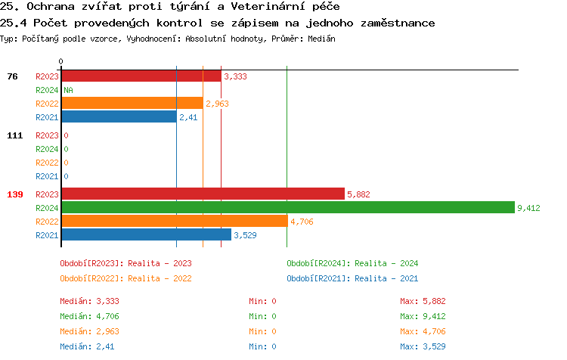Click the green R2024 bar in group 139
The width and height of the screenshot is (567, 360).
(287, 207)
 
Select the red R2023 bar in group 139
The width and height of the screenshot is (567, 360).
(203, 194)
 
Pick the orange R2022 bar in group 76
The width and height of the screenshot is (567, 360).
(132, 103)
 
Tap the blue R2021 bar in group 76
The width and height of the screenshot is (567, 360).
(119, 116)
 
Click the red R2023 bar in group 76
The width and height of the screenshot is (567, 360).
(141, 76)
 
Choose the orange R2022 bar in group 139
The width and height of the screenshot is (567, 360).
(175, 221)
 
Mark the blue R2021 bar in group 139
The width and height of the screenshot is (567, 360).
(146, 234)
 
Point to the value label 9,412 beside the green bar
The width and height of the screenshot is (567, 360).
(528, 208)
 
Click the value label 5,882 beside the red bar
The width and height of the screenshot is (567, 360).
(358, 194)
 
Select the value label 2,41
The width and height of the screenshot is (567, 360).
(188, 117)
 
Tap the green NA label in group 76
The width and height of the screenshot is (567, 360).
(68, 90)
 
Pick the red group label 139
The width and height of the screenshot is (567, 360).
(15, 194)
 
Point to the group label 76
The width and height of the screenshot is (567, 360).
(13, 76)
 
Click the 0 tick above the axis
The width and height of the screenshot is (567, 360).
(61, 61)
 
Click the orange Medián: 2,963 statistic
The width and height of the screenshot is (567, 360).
(89, 331)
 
